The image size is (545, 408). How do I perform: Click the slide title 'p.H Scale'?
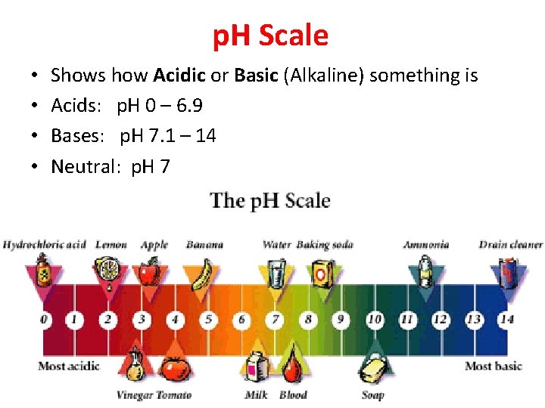271,36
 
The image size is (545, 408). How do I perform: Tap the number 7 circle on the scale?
276,320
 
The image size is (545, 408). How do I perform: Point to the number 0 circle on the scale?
44,320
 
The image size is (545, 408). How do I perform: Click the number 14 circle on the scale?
507,320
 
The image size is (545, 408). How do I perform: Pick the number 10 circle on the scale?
374,320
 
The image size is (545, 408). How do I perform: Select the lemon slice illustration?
106,270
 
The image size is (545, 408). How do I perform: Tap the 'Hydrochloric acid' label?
45,245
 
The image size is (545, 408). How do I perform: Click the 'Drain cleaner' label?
511,245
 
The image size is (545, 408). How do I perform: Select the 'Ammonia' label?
426,245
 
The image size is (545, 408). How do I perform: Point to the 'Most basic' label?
494,366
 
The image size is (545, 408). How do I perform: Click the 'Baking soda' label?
325,245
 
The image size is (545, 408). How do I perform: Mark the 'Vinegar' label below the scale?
134,394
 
